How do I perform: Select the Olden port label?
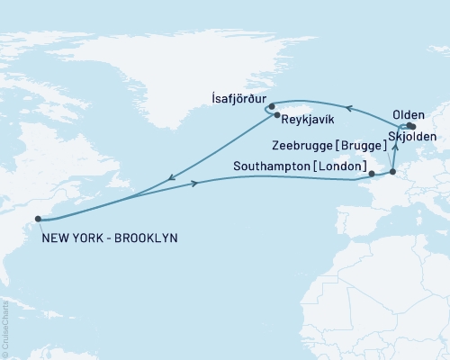point(410,115)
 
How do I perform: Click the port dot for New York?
point(38,218)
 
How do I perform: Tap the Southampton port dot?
point(372,172)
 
